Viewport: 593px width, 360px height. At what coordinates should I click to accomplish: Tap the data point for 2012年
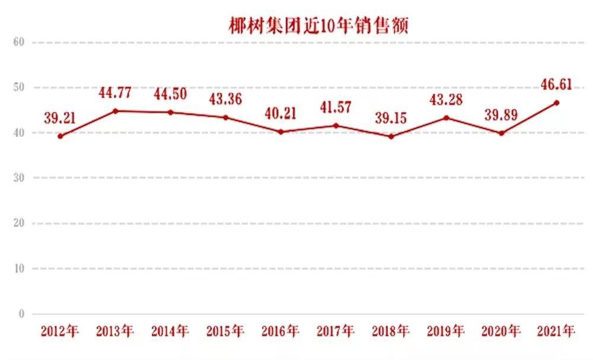pos(60,136)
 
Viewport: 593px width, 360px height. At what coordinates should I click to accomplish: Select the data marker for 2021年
pos(556,103)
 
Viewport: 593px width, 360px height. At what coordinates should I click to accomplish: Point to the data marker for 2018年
pos(390,136)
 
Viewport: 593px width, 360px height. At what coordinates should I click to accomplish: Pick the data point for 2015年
pos(225,117)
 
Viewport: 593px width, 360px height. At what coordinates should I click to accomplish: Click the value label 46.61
pos(556,84)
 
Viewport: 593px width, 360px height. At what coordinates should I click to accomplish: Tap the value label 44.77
pos(116,93)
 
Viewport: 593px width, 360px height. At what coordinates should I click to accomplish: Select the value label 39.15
pos(390,119)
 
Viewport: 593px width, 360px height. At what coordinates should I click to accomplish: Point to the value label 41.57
pos(336,107)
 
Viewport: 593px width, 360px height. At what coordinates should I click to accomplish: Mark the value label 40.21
pos(280,113)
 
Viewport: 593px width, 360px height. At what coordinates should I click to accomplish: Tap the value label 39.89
pos(501,114)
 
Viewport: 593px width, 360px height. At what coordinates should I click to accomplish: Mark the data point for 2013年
pos(115,111)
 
